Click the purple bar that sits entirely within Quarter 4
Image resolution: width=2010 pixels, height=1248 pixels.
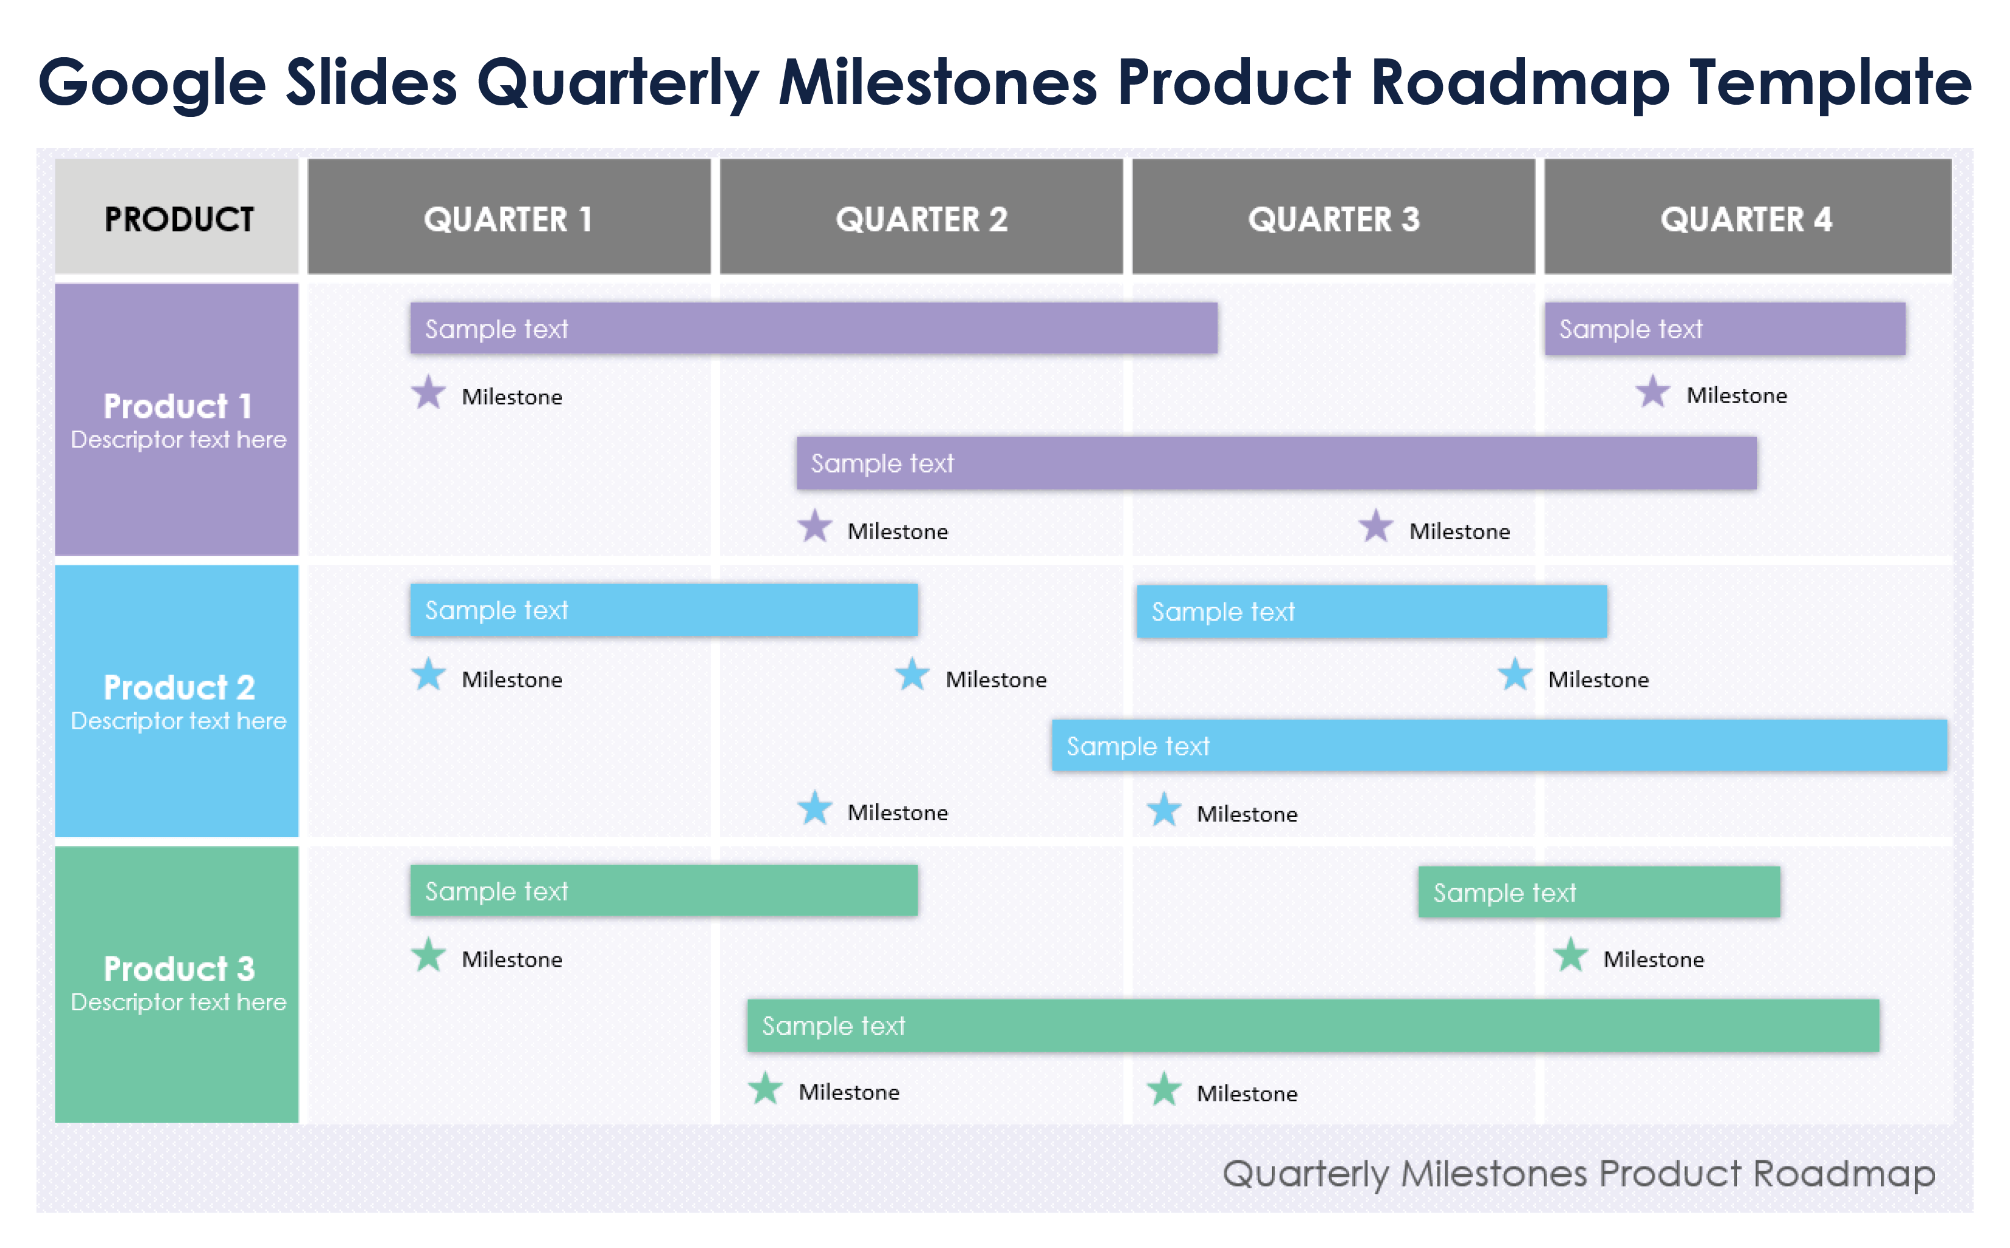click(x=1724, y=329)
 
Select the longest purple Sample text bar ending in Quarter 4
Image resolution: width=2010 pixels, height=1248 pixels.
click(x=1276, y=463)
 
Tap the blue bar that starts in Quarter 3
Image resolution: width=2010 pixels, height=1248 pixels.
click(x=1371, y=612)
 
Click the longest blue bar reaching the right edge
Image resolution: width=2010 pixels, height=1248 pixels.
click(x=1499, y=745)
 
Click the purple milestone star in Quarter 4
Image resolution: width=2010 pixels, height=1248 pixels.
click(x=1652, y=393)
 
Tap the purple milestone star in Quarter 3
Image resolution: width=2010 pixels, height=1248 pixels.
click(x=1376, y=527)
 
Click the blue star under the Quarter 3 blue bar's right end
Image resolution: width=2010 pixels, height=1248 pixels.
click(x=1515, y=675)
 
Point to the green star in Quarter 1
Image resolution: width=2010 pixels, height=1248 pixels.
click(x=429, y=956)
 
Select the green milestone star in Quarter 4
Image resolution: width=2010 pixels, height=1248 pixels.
click(x=1571, y=956)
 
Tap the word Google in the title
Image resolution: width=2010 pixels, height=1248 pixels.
click(x=153, y=83)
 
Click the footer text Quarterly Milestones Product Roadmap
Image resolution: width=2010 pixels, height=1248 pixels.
click(x=1578, y=1173)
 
